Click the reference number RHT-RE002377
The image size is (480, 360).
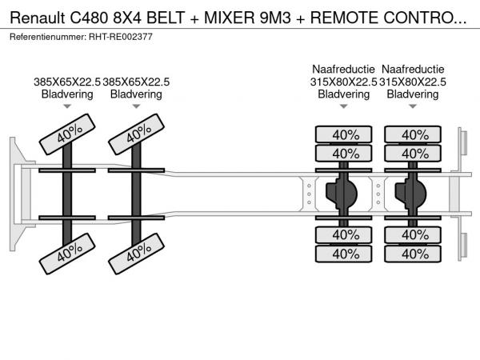coord(126,36)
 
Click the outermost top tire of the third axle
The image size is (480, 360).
coord(345,134)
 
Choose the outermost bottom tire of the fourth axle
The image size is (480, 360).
coord(414,254)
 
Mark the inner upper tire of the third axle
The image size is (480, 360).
coord(345,153)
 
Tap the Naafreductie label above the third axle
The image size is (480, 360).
coord(344,68)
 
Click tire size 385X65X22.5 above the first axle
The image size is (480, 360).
coord(67,81)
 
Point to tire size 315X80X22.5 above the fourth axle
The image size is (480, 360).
coord(413,81)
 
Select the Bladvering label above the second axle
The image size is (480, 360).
coord(136,94)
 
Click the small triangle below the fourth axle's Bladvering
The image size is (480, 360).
coord(413,106)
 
